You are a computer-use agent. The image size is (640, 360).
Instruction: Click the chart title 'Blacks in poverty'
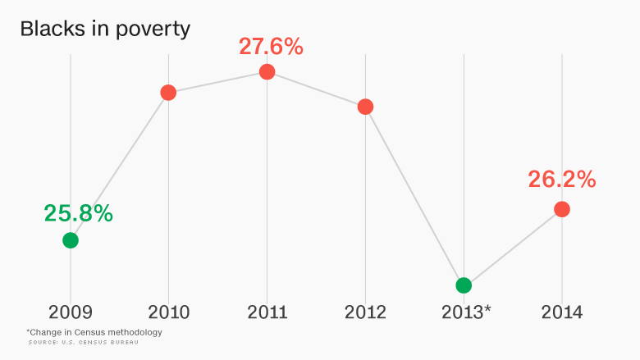[105, 29]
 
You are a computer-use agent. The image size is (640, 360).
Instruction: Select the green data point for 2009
[71, 240]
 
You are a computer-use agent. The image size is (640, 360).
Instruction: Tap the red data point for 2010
[168, 93]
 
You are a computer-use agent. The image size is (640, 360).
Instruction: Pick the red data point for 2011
[267, 71]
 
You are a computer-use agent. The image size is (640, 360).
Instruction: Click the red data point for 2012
[365, 107]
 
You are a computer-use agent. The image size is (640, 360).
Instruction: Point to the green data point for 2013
[464, 285]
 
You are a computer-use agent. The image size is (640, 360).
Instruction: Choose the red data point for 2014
[562, 209]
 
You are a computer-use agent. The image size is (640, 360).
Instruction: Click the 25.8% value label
[78, 214]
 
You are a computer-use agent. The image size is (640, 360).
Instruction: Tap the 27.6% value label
[271, 46]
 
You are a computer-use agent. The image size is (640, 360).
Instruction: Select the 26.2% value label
[562, 180]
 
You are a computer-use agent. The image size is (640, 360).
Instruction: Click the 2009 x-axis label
[71, 312]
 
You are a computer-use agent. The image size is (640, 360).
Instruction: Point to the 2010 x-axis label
[168, 312]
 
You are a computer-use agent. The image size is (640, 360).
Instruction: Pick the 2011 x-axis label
[267, 312]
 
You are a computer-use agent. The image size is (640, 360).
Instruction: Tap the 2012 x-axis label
[365, 312]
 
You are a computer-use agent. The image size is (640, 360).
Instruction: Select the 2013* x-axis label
[466, 312]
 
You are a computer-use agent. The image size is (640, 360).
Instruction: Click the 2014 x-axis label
[562, 312]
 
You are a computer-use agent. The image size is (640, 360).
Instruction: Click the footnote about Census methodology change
[94, 332]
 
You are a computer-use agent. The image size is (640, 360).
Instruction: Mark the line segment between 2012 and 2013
[414, 196]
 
